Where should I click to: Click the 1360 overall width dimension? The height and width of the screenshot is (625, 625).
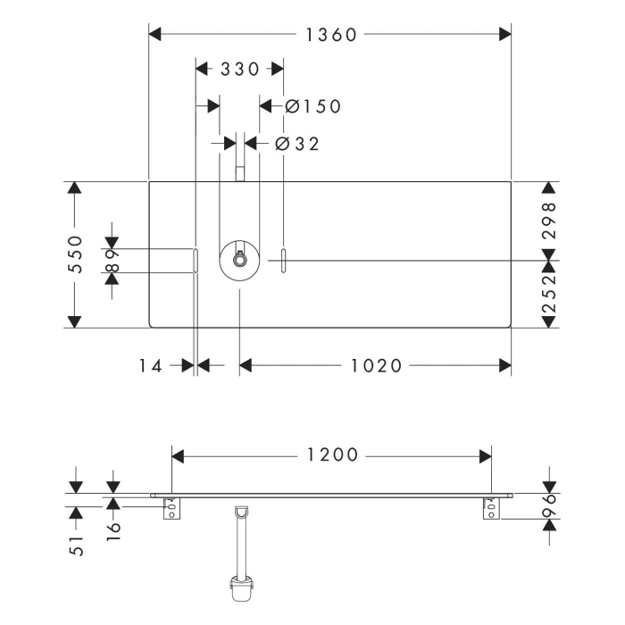(x=330, y=35)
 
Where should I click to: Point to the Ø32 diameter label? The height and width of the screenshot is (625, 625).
(x=297, y=143)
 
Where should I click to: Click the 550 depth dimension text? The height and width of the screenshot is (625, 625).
(x=75, y=254)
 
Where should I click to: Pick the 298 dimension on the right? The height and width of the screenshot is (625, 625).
(x=549, y=218)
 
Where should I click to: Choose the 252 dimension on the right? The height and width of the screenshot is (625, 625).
(x=549, y=293)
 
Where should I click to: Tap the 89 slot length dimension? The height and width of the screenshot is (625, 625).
(x=112, y=260)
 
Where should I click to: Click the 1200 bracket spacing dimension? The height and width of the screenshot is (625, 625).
(x=330, y=455)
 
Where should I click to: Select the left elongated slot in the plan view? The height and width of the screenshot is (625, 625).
(x=194, y=261)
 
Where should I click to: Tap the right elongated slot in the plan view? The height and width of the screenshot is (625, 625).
(x=283, y=261)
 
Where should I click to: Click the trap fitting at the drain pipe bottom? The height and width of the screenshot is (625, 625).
(x=239, y=590)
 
